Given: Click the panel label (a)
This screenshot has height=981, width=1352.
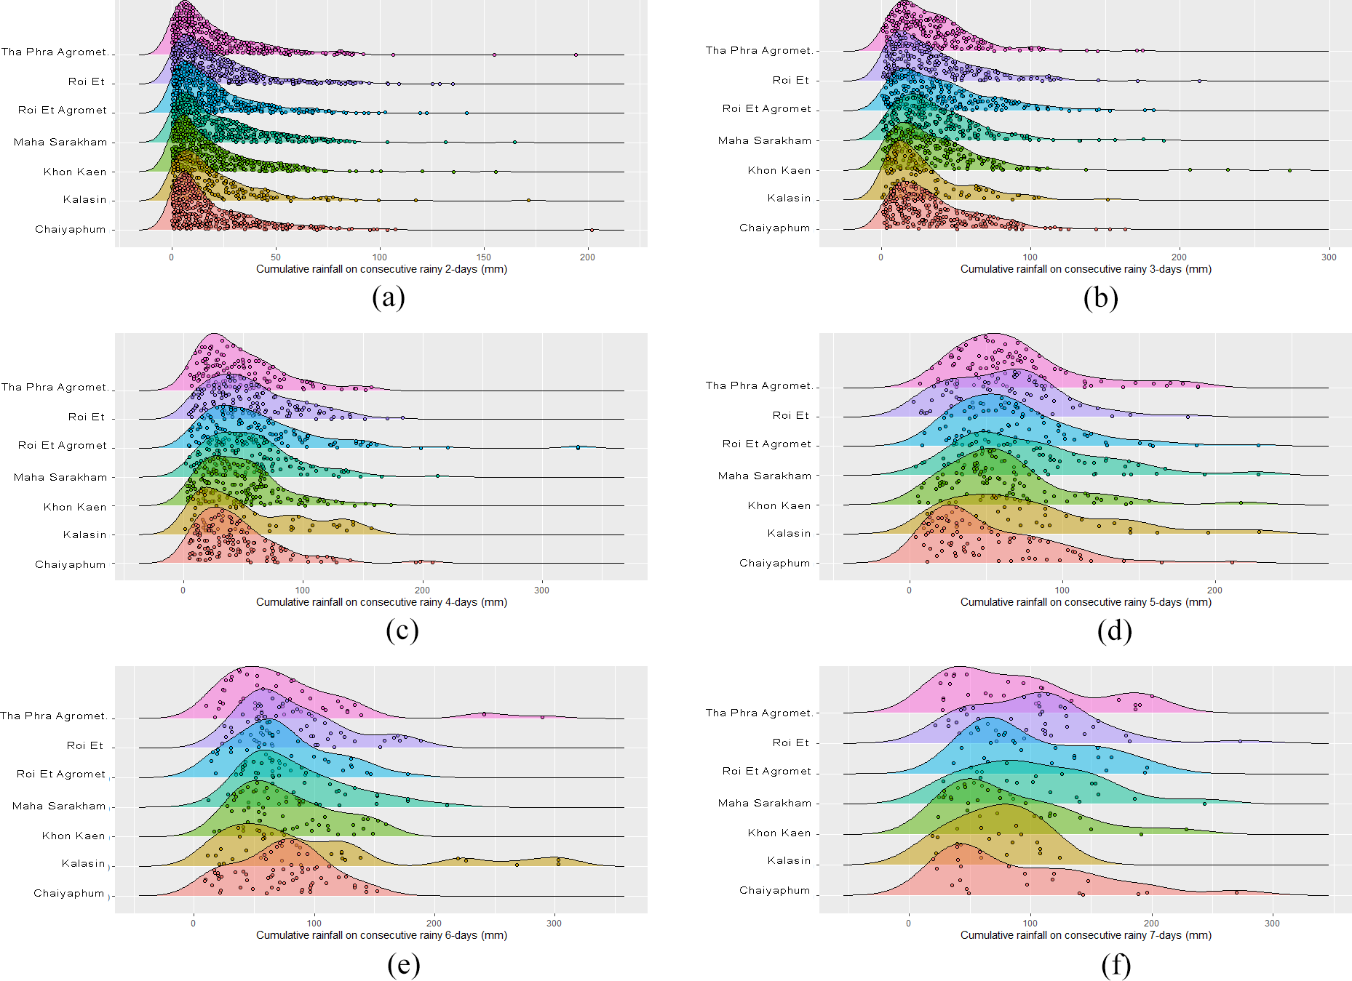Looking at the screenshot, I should click(388, 298).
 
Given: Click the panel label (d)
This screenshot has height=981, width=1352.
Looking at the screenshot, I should click(1114, 631).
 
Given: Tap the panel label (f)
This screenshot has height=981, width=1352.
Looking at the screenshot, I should click(1116, 965).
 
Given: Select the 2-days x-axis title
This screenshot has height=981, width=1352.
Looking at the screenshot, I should click(381, 269).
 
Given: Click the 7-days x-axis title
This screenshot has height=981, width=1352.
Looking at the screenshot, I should click(1086, 935).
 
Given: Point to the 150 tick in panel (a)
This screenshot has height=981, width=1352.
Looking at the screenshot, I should click(484, 257).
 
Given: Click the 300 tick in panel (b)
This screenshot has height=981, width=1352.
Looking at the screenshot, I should click(1329, 257).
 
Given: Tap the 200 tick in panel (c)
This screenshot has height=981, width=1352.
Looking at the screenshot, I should click(422, 590).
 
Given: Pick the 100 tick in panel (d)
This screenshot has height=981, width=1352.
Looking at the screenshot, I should click(1062, 590).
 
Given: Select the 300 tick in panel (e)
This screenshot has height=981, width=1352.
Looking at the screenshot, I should click(554, 923).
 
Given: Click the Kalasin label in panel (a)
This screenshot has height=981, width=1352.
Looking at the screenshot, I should click(84, 199).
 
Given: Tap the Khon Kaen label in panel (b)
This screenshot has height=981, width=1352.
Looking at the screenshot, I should click(779, 170).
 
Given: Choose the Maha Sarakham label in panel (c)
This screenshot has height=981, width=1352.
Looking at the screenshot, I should click(60, 477).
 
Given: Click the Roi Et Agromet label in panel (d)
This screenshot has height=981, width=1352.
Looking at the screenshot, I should click(766, 444).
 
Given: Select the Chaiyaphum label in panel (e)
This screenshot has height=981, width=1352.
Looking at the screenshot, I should click(69, 893).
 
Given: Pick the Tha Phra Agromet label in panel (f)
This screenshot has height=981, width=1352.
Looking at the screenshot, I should click(758, 713).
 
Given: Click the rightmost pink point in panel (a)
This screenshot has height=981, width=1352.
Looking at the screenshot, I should click(576, 55).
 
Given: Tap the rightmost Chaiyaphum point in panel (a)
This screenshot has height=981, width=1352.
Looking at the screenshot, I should click(592, 230).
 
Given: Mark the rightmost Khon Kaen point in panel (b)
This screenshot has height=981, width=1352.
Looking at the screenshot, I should click(1289, 170).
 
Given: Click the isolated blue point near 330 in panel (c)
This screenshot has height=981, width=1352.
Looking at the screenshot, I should click(578, 447).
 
